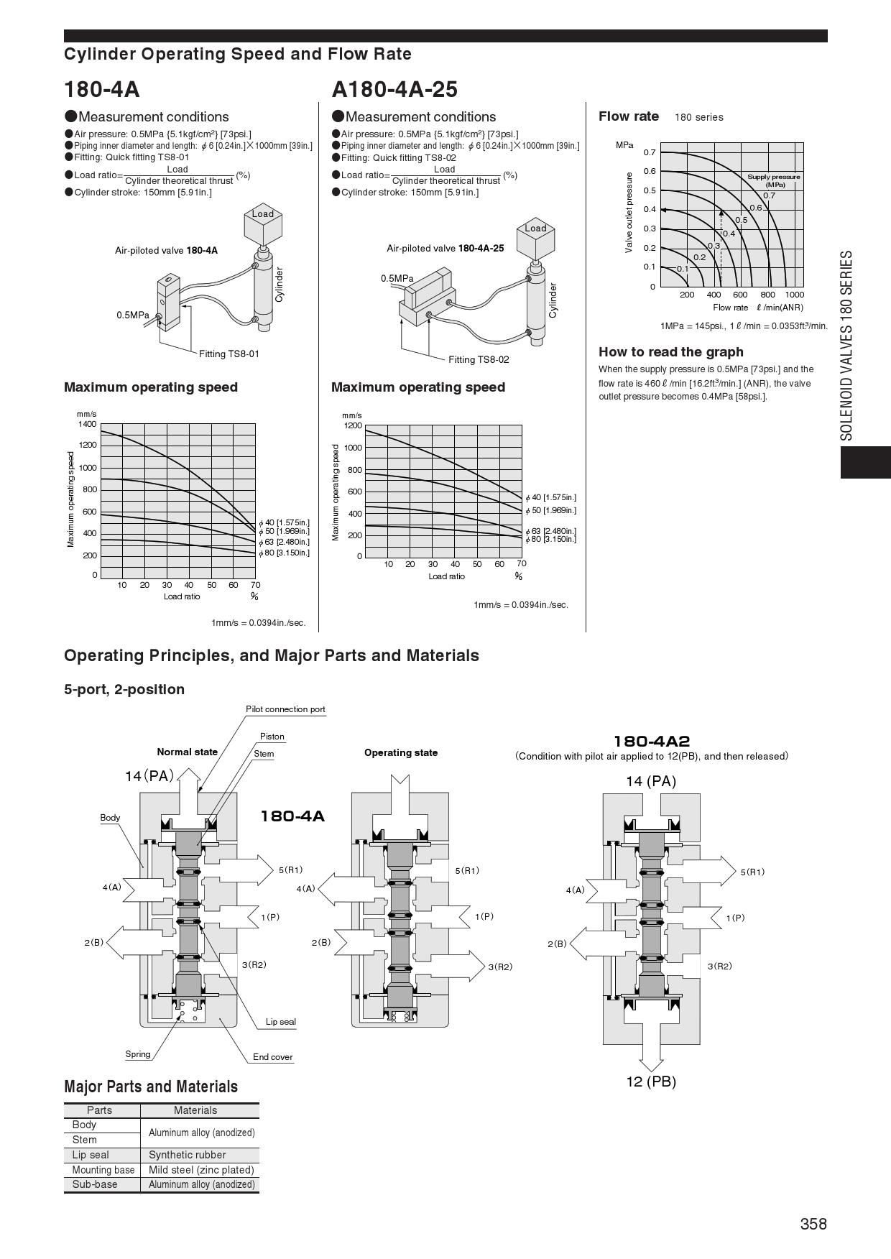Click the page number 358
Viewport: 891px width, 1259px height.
click(813, 1224)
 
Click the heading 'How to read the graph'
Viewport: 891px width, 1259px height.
click(670, 351)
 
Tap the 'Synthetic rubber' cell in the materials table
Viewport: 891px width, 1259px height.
click(187, 1155)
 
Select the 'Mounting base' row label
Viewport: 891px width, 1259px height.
click(103, 1170)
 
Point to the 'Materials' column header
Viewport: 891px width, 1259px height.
click(195, 1110)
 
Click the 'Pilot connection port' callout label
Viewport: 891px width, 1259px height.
click(285, 709)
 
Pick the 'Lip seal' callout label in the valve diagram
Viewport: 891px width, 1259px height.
click(280, 1022)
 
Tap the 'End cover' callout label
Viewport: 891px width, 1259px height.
click(272, 1057)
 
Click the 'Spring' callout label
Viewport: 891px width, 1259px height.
click(138, 1054)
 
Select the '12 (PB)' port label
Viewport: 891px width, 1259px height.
click(651, 1082)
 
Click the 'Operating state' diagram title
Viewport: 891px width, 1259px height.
click(400, 752)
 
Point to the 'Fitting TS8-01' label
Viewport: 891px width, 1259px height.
click(228, 354)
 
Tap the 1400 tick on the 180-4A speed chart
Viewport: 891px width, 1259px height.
click(87, 424)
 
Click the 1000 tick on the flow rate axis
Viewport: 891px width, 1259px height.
click(794, 295)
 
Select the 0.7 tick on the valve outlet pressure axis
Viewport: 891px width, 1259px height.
click(649, 152)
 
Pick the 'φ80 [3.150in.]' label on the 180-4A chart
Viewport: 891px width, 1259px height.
click(285, 553)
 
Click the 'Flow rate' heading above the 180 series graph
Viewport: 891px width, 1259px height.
click(628, 116)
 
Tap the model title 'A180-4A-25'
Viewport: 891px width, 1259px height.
click(394, 89)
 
